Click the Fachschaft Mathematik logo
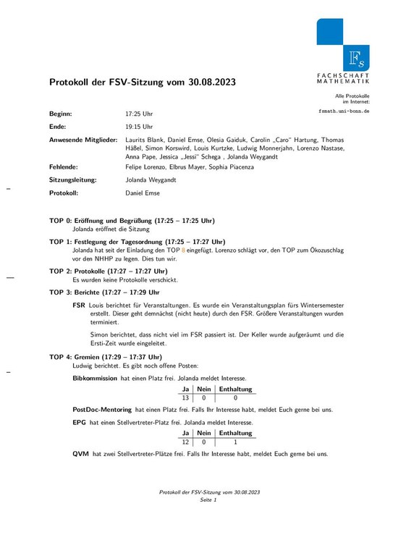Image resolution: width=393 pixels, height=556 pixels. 343,51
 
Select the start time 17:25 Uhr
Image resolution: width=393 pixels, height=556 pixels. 139,114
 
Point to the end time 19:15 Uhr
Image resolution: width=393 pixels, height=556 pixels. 139,126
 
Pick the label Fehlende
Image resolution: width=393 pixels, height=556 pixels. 64,167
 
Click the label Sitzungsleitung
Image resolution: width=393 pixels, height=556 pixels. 75,180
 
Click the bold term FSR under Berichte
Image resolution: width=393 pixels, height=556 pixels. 79,306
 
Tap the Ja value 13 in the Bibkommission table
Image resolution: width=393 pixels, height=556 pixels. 185,398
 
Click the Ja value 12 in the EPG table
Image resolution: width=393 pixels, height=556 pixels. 185,442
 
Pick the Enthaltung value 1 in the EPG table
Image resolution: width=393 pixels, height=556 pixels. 236,442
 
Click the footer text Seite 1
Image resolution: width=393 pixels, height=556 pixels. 209,500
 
